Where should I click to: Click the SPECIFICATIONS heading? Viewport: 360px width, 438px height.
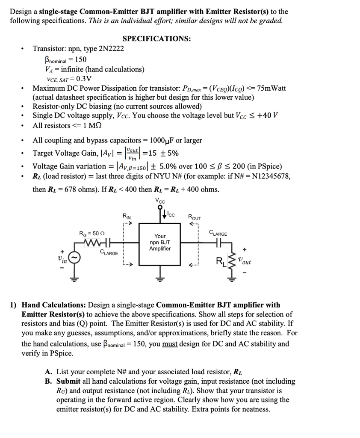click(x=156, y=39)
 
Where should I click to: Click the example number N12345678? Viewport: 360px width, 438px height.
click(x=267, y=176)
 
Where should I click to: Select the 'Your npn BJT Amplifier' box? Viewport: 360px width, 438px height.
click(x=160, y=243)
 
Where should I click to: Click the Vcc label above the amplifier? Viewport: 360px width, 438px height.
click(x=160, y=201)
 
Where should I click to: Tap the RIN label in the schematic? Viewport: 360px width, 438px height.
click(x=127, y=216)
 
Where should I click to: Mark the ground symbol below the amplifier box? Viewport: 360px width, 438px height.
click(x=160, y=280)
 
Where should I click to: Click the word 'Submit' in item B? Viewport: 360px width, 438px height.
click(x=69, y=381)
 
